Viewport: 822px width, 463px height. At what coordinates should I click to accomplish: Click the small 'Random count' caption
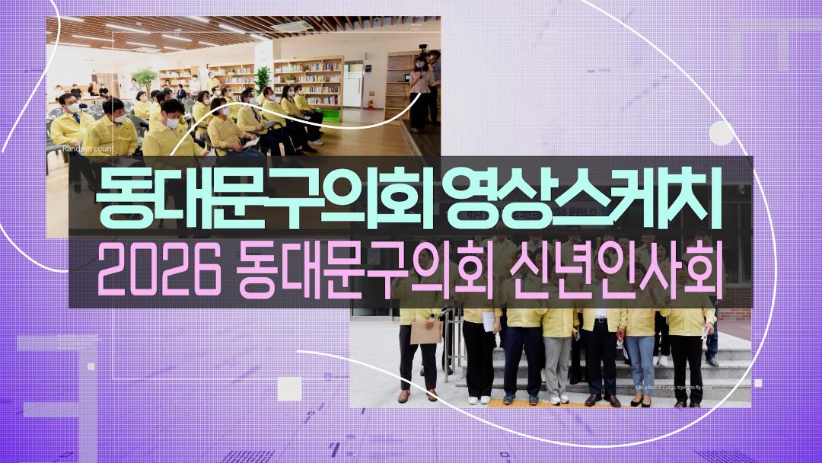click(x=88, y=149)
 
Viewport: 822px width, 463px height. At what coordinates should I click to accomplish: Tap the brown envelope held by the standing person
click(x=425, y=332)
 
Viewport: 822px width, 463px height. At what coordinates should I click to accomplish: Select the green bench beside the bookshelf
click(x=330, y=115)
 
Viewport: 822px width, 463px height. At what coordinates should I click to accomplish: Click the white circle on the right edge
click(x=721, y=134)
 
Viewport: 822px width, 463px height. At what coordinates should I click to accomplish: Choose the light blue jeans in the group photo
click(x=640, y=359)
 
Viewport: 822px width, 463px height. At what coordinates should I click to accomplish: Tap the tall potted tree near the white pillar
click(x=262, y=79)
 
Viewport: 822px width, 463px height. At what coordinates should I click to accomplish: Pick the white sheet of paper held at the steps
click(x=488, y=321)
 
